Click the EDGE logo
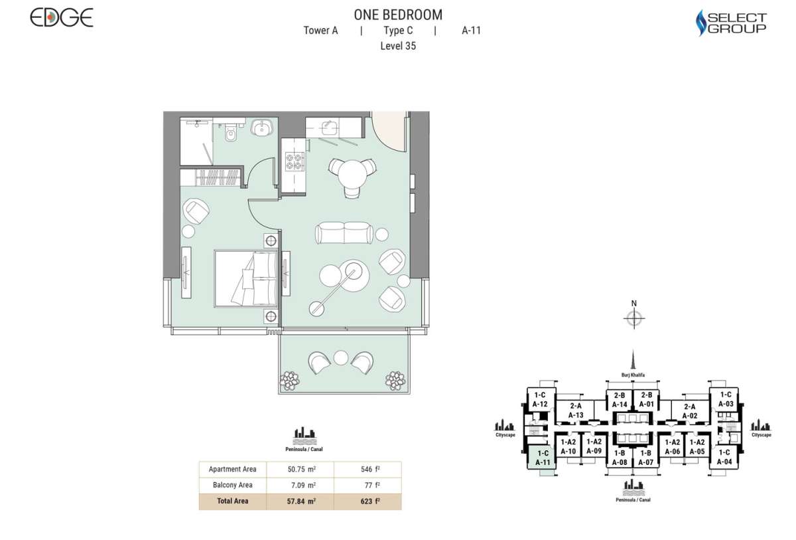pos(62,18)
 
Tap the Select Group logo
pos(731,23)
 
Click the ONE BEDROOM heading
pos(398,15)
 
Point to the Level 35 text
pos(398,46)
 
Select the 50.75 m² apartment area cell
pos(302,469)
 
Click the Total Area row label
pos(232,501)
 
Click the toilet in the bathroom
pos(231,132)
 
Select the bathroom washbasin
pos(262,128)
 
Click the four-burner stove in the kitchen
pos(295,161)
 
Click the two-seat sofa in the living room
pos(344,233)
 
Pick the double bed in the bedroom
pos(246,278)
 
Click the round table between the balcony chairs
pos(341,358)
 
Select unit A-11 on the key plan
pos(543,458)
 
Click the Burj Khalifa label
pos(633,375)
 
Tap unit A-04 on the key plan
pos(724,457)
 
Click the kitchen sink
pos(330,128)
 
